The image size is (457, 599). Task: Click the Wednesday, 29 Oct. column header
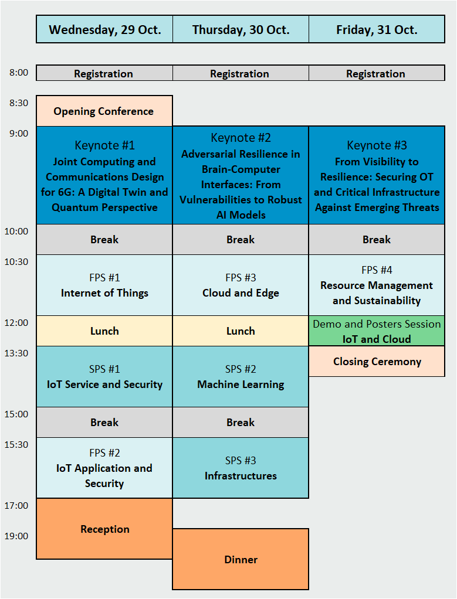pyautogui.click(x=104, y=29)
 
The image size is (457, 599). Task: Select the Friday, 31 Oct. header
pyautogui.click(x=377, y=29)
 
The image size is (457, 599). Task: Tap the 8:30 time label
pyautogui.click(x=19, y=103)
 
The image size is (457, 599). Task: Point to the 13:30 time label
pyautogui.click(x=16, y=353)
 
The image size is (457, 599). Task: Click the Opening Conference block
pyautogui.click(x=104, y=111)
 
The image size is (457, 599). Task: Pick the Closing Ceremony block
pyautogui.click(x=377, y=362)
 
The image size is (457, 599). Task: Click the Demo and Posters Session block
pyautogui.click(x=377, y=331)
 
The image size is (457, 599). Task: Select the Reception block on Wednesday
pyautogui.click(x=104, y=529)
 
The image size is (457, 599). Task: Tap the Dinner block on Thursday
pyautogui.click(x=241, y=559)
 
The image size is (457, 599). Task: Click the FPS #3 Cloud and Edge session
pyautogui.click(x=241, y=285)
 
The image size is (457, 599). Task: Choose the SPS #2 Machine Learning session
pyautogui.click(x=241, y=377)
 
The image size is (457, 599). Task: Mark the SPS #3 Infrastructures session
pyautogui.click(x=241, y=468)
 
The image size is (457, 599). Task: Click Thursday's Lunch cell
pyautogui.click(x=241, y=331)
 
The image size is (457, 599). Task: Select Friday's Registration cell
pyautogui.click(x=377, y=73)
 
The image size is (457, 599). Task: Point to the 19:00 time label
pyautogui.click(x=16, y=536)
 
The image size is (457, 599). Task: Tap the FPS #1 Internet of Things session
pyautogui.click(x=104, y=285)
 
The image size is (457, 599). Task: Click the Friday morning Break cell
pyautogui.click(x=377, y=240)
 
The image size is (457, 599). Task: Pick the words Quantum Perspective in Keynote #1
pyautogui.click(x=104, y=207)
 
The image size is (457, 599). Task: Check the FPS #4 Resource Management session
pyautogui.click(x=377, y=285)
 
